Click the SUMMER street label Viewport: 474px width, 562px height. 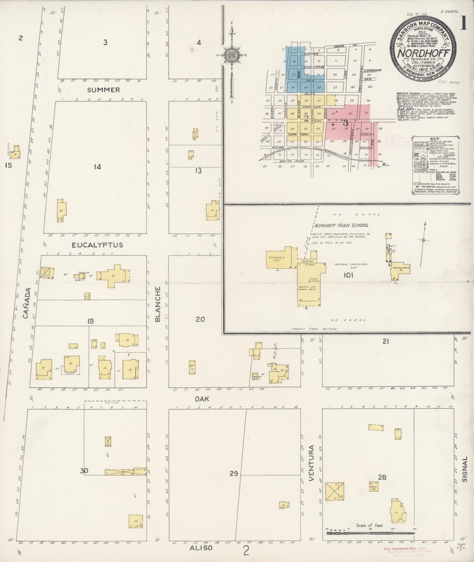pos(103,90)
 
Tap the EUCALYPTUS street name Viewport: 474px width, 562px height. pos(97,245)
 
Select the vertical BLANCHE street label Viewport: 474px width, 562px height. pos(158,304)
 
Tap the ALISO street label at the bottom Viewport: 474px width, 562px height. pos(201,548)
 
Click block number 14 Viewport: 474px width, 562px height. pos(97,167)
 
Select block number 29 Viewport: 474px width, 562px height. pos(234,473)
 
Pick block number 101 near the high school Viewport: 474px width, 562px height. pos(348,275)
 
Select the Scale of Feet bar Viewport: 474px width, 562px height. pos(371,533)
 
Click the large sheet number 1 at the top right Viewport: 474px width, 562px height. pos(463,23)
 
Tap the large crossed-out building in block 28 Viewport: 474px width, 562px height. pos(335,491)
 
